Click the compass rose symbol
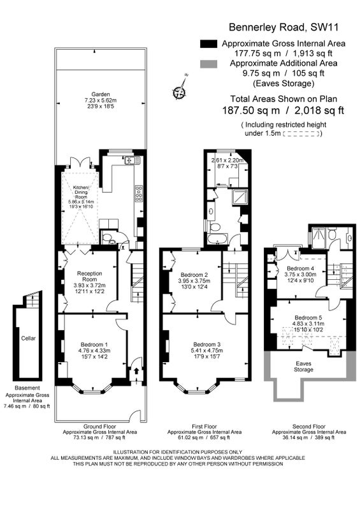[x=180, y=91]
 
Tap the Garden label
[x=101, y=94]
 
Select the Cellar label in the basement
[x=28, y=339]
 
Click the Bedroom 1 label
[x=94, y=344]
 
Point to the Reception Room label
[x=89, y=276]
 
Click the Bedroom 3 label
[x=207, y=344]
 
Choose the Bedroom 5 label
[x=306, y=317]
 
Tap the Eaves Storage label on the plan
[x=303, y=367]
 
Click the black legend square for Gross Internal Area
[x=208, y=44]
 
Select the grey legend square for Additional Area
[x=208, y=64]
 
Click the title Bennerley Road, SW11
[x=284, y=27]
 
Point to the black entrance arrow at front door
[x=136, y=371]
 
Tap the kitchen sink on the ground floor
[x=133, y=160]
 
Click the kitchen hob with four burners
[x=139, y=194]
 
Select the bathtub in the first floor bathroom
[x=218, y=240]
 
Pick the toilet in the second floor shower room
[x=332, y=234]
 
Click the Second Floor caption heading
[x=309, y=426]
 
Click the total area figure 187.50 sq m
[x=251, y=110]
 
